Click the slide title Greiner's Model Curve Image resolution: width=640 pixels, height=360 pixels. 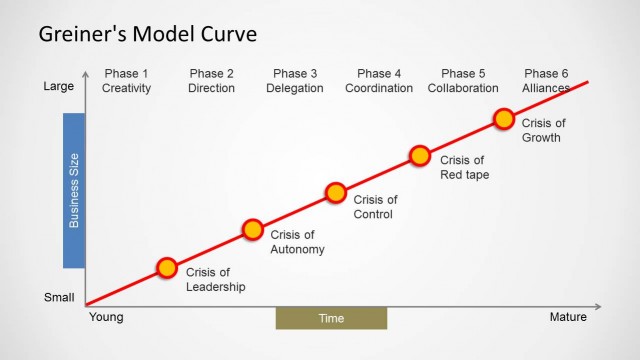click(x=147, y=35)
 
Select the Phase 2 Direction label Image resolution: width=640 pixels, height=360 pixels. click(x=211, y=81)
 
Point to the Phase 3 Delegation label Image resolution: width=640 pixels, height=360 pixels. click(x=295, y=81)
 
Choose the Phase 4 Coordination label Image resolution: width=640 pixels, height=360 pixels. click(x=379, y=81)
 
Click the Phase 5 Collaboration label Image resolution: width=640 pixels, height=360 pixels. click(x=463, y=81)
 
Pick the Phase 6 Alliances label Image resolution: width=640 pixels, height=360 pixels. click(x=546, y=81)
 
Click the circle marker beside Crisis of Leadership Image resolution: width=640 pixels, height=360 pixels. click(x=167, y=268)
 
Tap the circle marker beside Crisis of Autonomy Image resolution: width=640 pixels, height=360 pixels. click(x=252, y=230)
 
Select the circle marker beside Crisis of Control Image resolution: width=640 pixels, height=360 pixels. click(x=336, y=193)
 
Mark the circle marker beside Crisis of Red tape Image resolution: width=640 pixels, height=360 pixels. click(x=420, y=156)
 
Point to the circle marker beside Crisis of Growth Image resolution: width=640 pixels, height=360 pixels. click(x=505, y=119)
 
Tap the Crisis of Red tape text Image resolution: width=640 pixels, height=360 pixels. click(x=464, y=167)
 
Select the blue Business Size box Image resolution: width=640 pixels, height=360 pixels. click(x=74, y=190)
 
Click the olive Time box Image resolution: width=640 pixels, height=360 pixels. click(x=331, y=318)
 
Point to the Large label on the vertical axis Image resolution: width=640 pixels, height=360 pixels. click(x=59, y=87)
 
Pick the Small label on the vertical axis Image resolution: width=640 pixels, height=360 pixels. click(x=59, y=297)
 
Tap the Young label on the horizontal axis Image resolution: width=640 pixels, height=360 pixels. click(x=106, y=318)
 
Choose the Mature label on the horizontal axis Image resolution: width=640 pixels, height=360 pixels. click(x=569, y=318)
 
